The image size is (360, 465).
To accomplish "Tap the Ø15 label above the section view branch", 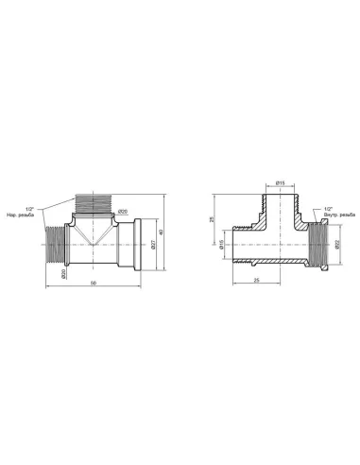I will [280, 181].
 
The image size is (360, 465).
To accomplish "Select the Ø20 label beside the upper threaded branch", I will [123, 212].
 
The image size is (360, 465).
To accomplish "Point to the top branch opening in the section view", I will [280, 200].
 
